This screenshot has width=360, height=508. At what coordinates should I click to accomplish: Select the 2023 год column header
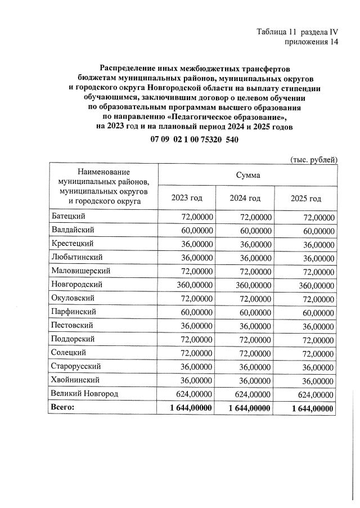(186, 198)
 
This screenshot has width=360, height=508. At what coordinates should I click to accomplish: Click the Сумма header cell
(248, 175)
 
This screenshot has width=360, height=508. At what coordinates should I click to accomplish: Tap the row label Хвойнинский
(75, 380)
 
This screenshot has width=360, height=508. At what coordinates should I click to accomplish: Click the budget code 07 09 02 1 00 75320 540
(191, 140)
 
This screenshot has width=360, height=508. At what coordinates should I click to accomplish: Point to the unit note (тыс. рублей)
(313, 159)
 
